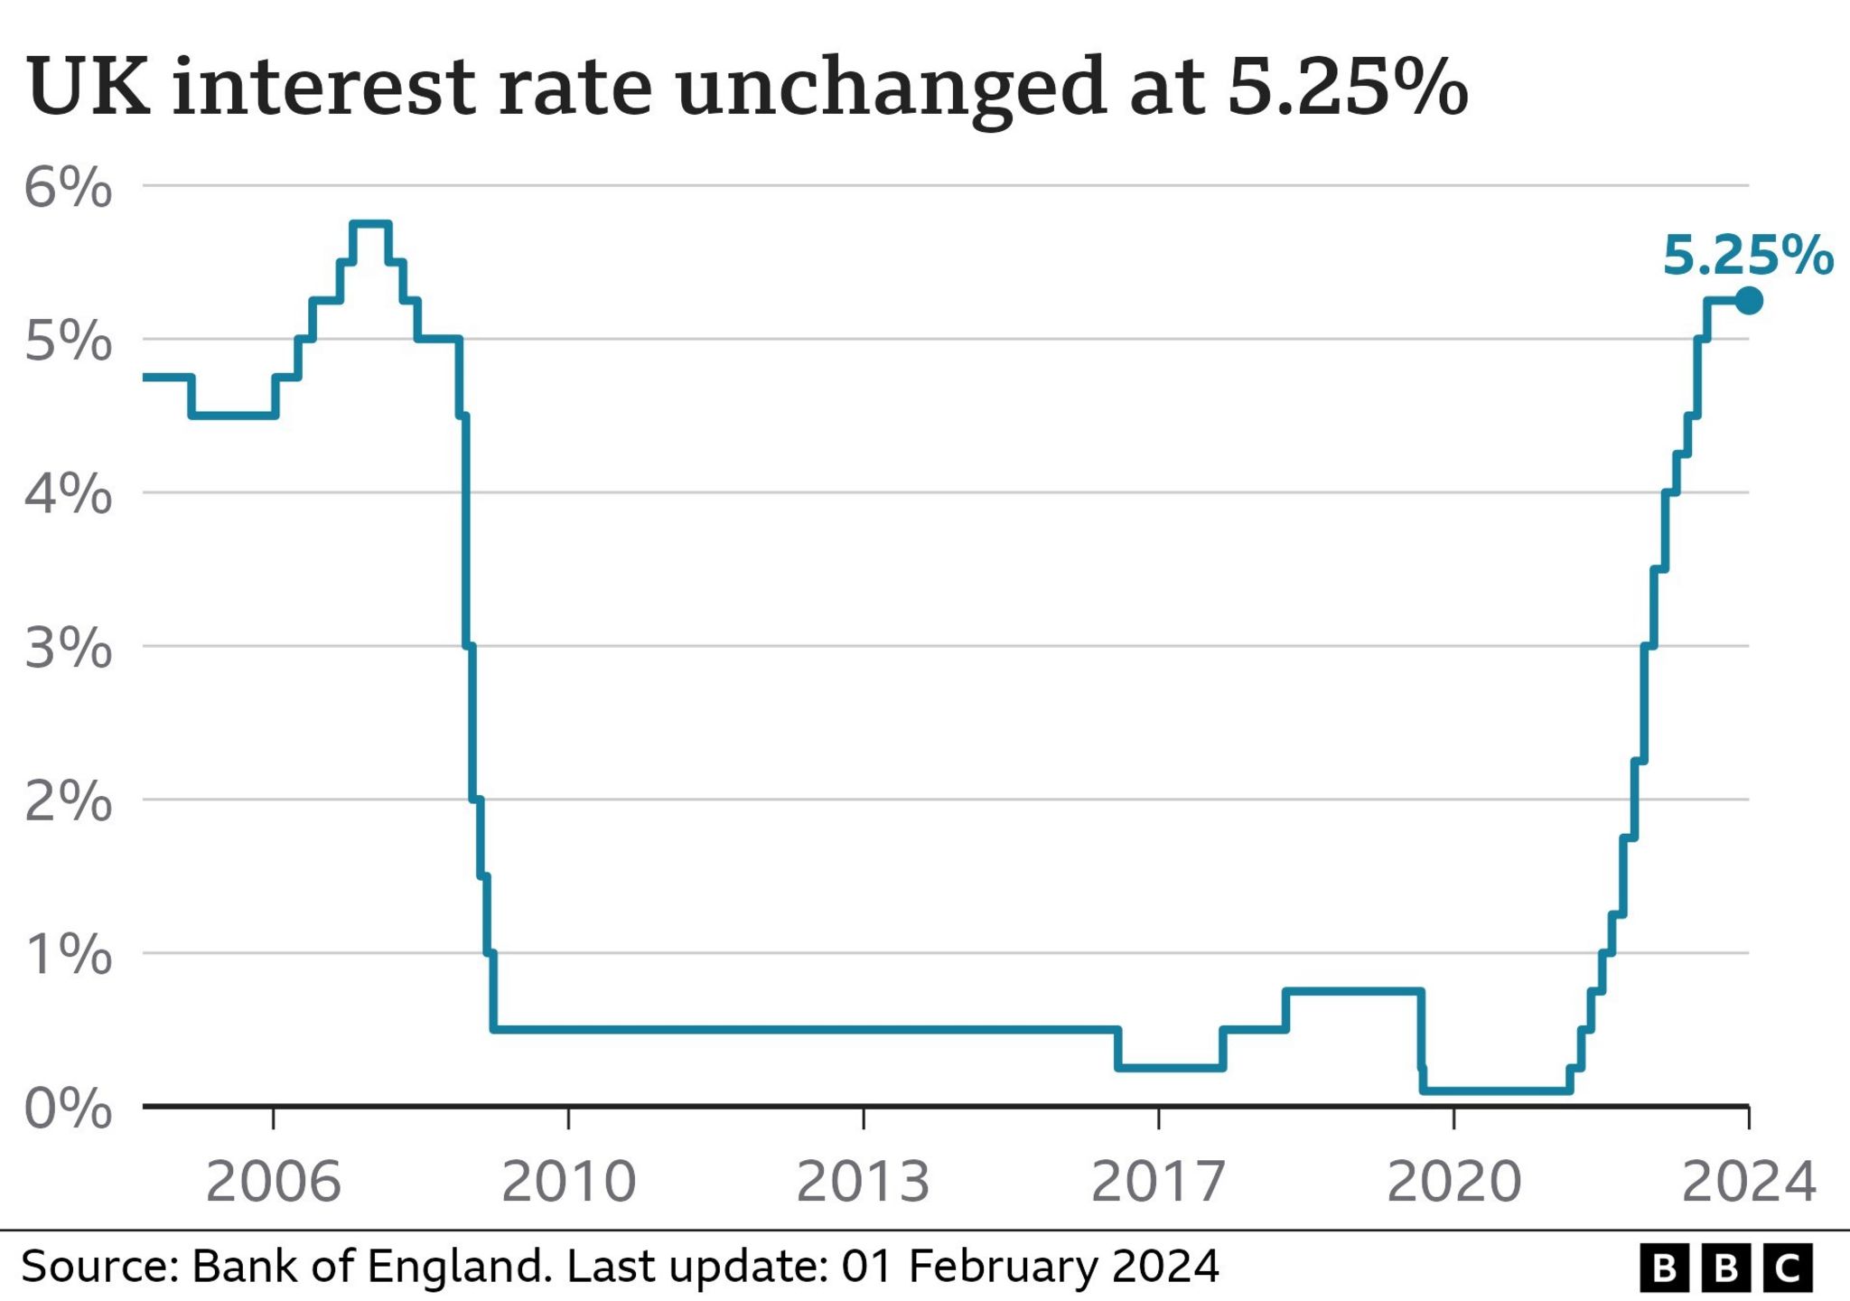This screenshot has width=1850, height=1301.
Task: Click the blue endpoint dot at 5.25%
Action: pyautogui.click(x=1749, y=300)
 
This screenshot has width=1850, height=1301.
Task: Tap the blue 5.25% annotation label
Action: pyautogui.click(x=1748, y=256)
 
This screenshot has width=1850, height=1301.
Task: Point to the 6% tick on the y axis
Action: pyautogui.click(x=68, y=188)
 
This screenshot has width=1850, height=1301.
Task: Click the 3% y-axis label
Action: pyautogui.click(x=68, y=648)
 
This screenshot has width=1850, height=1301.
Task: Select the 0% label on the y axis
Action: pyautogui.click(x=68, y=1109)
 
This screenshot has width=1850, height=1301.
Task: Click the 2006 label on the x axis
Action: pyautogui.click(x=274, y=1181)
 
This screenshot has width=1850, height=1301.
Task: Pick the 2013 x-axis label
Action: pyautogui.click(x=863, y=1181)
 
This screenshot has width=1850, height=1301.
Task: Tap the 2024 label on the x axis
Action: pyautogui.click(x=1748, y=1181)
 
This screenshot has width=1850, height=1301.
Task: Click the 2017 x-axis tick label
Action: pyautogui.click(x=1158, y=1181)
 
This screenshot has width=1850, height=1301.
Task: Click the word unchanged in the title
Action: pyautogui.click(x=890, y=89)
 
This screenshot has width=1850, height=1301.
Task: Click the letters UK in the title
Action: pyautogui.click(x=89, y=87)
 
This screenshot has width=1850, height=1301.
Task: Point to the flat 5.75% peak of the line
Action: pyautogui.click(x=370, y=223)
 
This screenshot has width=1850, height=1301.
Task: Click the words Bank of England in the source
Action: pyautogui.click(x=371, y=1267)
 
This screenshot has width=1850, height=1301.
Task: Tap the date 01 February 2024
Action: pyautogui.click(x=1030, y=1267)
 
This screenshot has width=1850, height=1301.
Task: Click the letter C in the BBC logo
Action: pyautogui.click(x=1788, y=1268)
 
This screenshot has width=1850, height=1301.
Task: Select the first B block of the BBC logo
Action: pyautogui.click(x=1664, y=1268)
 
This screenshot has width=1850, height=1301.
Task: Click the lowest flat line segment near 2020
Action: pyautogui.click(x=1495, y=1090)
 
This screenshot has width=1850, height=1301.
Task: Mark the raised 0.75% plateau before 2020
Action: pyautogui.click(x=1353, y=991)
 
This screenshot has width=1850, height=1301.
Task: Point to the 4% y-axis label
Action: pyautogui.click(x=68, y=495)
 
